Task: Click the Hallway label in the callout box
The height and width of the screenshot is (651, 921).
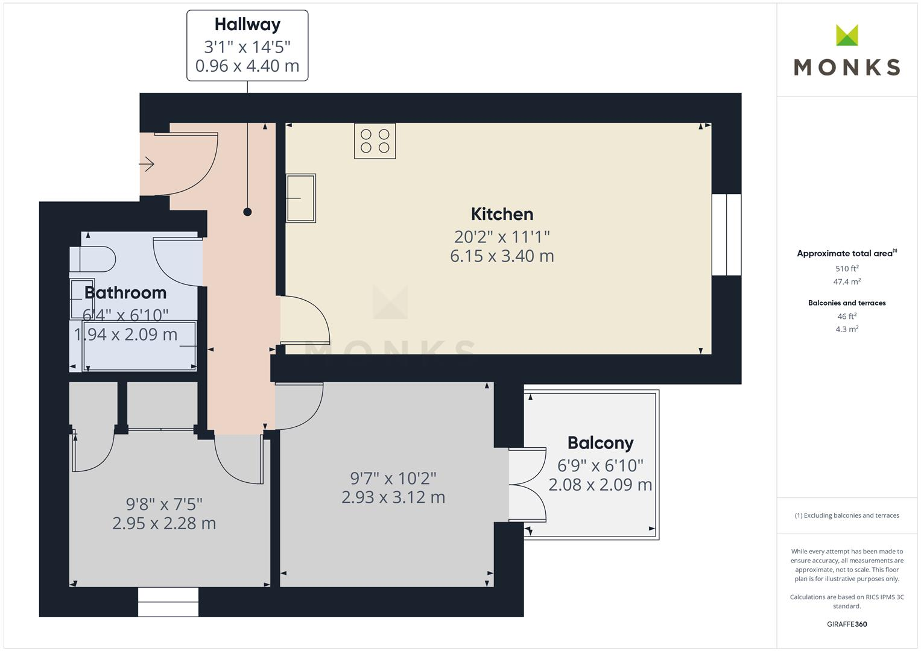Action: (x=247, y=25)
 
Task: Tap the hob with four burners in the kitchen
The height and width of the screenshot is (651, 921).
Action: (x=375, y=141)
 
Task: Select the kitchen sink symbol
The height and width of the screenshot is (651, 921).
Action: (x=300, y=198)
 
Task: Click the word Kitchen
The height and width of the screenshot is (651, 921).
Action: (x=502, y=215)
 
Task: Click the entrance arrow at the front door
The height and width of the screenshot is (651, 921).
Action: (x=147, y=164)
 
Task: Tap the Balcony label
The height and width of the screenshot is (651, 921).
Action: (x=600, y=443)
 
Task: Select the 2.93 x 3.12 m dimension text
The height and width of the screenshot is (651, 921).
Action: (x=393, y=497)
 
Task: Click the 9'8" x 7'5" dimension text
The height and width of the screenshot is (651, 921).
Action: (x=164, y=503)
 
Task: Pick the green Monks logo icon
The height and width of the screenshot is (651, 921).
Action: (x=847, y=36)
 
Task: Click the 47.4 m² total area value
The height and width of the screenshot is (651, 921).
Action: (x=847, y=281)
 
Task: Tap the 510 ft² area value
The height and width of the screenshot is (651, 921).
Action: (x=847, y=269)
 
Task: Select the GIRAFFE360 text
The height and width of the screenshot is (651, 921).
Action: (x=847, y=624)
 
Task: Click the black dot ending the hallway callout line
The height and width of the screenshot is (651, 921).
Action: (x=247, y=212)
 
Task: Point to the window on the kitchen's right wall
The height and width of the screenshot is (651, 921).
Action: (x=726, y=234)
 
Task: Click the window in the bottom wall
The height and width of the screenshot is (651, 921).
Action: (x=168, y=602)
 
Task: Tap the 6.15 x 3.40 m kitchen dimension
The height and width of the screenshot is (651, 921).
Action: (x=502, y=256)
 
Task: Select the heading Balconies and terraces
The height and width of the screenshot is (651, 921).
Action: (x=847, y=303)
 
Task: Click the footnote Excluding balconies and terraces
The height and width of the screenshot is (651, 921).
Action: (x=847, y=515)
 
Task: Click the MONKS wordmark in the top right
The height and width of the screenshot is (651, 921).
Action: (x=847, y=67)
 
